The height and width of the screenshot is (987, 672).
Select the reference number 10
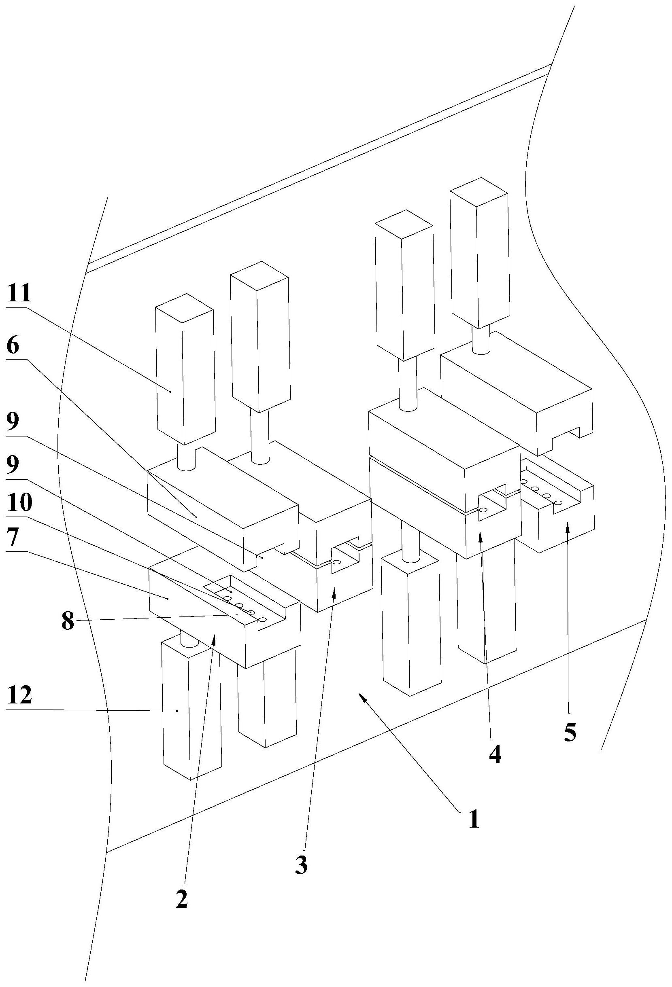[x=19, y=504]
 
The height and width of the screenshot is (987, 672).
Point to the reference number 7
[x=13, y=538]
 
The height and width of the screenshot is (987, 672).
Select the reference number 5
[x=570, y=732]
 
